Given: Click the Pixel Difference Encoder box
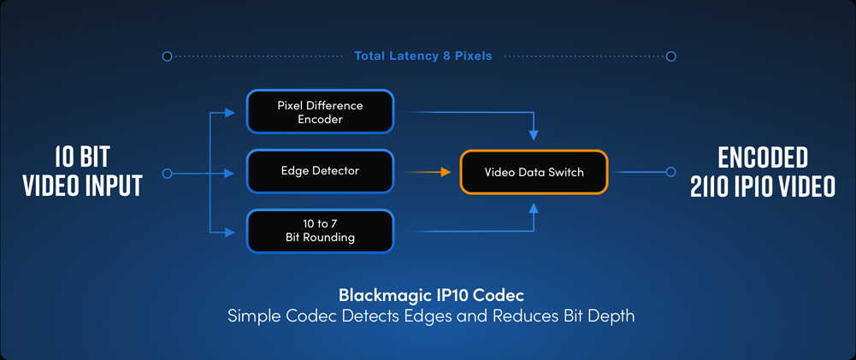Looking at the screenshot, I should click(x=320, y=112).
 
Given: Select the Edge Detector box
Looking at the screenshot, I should click(x=320, y=171).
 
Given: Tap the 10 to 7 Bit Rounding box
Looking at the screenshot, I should click(x=320, y=231).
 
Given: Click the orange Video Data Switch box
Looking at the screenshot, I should click(x=534, y=172).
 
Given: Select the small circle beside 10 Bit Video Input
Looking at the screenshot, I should click(x=168, y=174).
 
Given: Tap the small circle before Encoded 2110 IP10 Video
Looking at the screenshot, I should click(x=671, y=172).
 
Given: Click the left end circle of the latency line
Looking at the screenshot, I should click(x=168, y=56).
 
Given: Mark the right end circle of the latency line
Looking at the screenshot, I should click(x=671, y=56).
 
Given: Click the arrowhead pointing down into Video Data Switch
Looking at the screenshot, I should click(x=534, y=135).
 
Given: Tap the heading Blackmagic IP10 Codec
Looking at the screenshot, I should click(x=431, y=296).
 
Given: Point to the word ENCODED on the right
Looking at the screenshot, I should click(x=763, y=157).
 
